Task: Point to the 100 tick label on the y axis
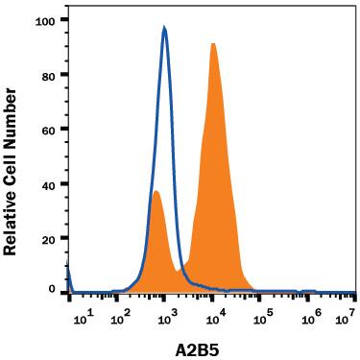click(x=44, y=19)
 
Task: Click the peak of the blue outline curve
click(x=164, y=28)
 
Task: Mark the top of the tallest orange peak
click(x=213, y=43)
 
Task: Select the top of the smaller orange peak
click(x=156, y=191)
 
